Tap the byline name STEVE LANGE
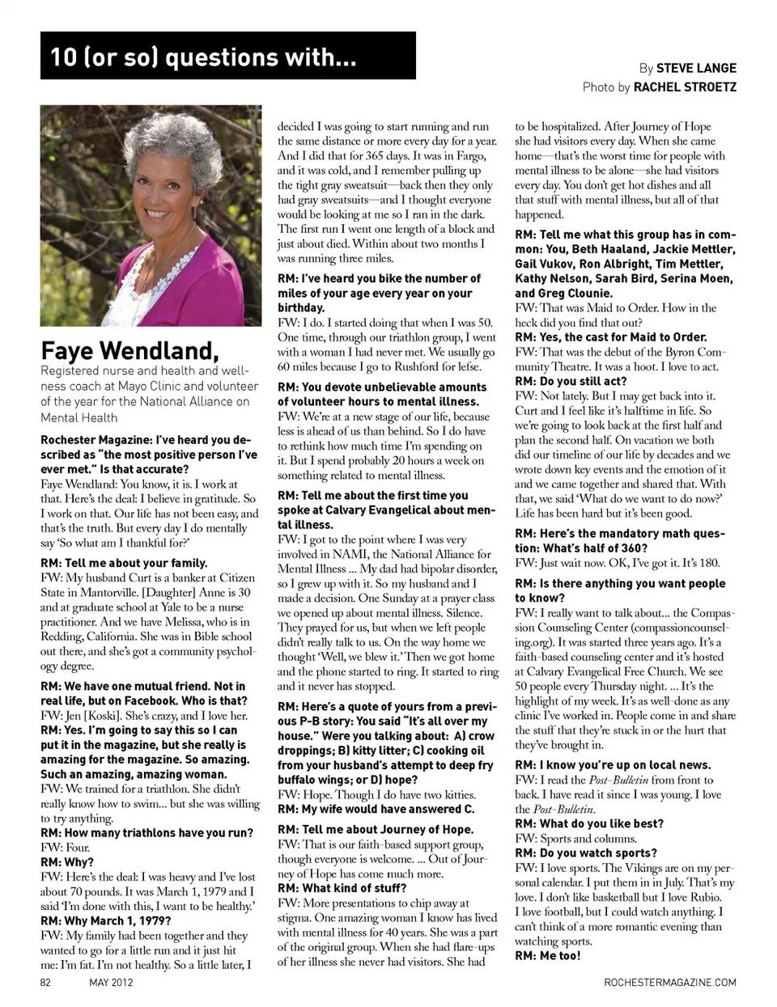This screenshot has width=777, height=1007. [696, 68]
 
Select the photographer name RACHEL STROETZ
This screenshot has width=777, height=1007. [685, 87]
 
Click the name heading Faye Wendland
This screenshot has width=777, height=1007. [129, 351]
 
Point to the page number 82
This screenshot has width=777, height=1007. [46, 983]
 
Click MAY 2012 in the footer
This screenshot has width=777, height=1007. [112, 983]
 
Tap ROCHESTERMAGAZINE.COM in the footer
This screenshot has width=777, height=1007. [670, 983]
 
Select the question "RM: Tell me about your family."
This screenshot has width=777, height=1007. [124, 563]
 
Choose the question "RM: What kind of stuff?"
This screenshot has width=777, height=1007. [342, 888]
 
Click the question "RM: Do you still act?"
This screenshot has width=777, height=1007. [571, 381]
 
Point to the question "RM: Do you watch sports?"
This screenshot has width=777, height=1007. [586, 853]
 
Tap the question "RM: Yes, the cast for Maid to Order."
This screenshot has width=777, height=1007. [611, 337]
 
